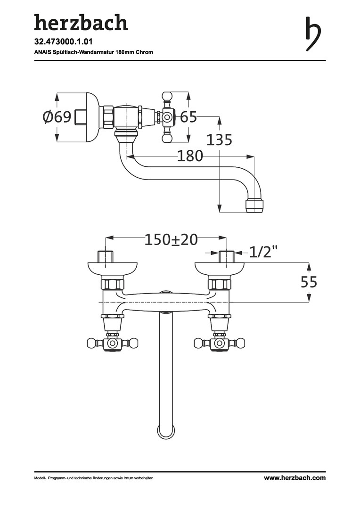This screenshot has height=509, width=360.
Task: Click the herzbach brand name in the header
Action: coord(81,22)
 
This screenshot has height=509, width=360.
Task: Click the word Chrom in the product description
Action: coord(145,52)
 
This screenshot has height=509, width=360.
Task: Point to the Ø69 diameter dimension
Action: coord(57,117)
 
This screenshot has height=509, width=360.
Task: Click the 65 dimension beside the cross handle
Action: coord(188,117)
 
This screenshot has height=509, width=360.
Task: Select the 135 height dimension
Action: coord(220,140)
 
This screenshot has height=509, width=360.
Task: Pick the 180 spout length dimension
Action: coord(190,156)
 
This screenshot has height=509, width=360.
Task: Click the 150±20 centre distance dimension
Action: coord(171,239)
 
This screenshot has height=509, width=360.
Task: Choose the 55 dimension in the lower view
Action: coord(309,282)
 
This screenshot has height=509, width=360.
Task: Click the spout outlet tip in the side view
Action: coord(255,205)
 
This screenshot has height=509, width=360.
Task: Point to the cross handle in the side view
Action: coord(167,116)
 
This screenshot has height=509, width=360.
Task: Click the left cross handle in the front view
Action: coord(112,343)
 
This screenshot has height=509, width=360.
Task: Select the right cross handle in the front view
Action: coord(218,343)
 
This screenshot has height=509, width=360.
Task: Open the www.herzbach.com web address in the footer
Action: coord(295,478)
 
